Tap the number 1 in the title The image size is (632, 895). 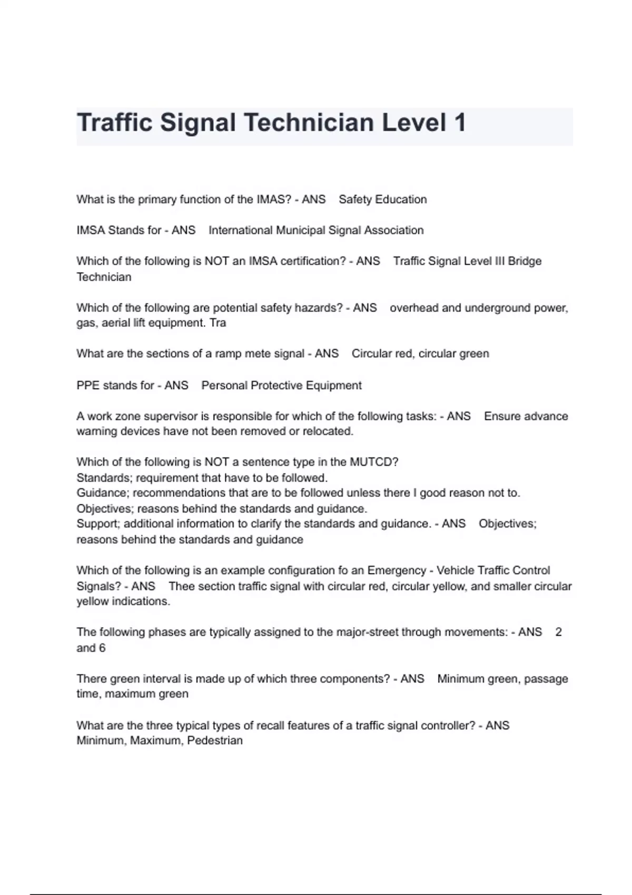point(459,123)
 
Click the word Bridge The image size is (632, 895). point(525,261)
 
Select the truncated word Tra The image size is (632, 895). point(218,323)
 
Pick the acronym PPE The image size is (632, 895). point(88,385)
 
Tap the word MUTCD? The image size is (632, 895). point(374,462)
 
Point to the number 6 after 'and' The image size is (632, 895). point(102,648)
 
